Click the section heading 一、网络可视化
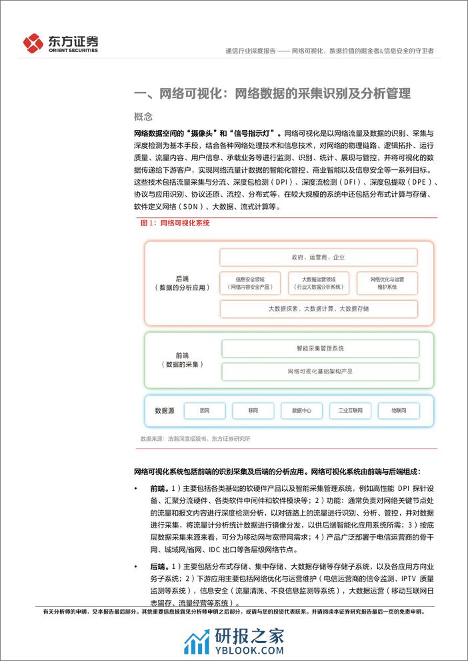[272, 93]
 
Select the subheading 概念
[143, 116]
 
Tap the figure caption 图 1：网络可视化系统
[175, 223]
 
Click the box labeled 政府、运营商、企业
[318, 257]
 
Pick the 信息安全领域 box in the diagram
[250, 282]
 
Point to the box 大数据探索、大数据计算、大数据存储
[318, 309]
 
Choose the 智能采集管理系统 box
[319, 348]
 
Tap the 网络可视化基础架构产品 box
[319, 370]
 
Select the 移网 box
[253, 411]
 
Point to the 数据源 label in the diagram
[164, 411]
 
